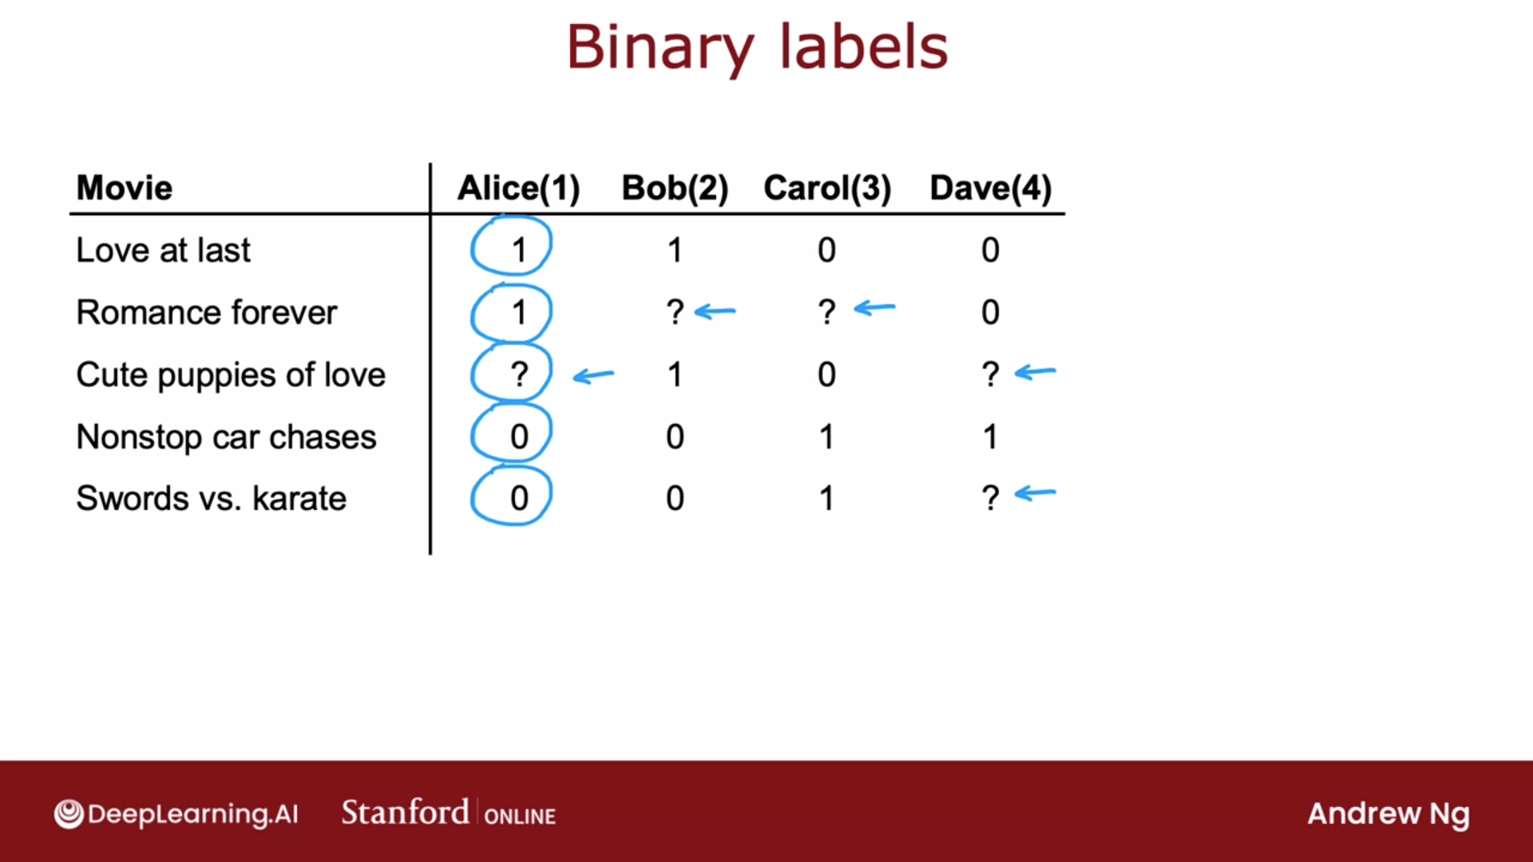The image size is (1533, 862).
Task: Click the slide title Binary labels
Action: pos(757,48)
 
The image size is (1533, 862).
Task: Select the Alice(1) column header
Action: pos(518,188)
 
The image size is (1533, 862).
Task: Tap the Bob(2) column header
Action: pos(675,188)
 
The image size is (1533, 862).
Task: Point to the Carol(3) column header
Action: pos(827,188)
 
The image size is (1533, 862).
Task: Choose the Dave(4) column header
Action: pos(990,188)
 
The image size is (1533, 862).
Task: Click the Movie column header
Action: pos(125,188)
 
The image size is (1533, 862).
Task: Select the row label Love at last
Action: pos(163,251)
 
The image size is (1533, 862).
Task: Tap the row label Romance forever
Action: pos(206,312)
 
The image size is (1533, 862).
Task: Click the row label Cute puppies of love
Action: pos(231,375)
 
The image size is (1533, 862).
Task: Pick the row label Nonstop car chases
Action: pos(226,437)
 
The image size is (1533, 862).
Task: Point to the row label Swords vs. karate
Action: pos(211,499)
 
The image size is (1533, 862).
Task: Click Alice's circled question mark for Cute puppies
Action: pos(519,374)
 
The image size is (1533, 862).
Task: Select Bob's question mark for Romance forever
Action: pos(675,312)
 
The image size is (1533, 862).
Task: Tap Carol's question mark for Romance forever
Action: pos(827,312)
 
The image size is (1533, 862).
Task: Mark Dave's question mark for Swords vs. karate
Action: pos(990,498)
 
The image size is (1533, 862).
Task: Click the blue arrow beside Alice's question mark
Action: pos(594,375)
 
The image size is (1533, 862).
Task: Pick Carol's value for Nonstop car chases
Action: pos(827,437)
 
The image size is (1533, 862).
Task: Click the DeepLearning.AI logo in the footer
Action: pos(176,814)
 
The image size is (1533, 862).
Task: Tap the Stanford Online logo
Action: pos(449,813)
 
